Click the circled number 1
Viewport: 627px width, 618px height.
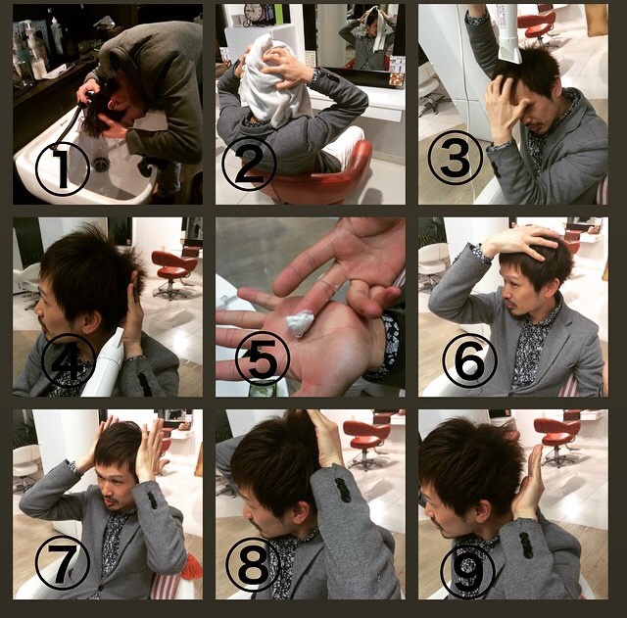[x=62, y=168]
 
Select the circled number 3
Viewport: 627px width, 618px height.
[x=455, y=158]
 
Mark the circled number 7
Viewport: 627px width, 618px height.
[x=63, y=562]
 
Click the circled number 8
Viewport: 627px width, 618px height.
[x=253, y=564]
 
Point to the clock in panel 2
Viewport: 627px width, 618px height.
[x=253, y=14]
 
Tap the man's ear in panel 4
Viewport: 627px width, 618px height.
[x=91, y=320]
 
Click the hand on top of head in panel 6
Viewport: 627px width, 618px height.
[x=520, y=243]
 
